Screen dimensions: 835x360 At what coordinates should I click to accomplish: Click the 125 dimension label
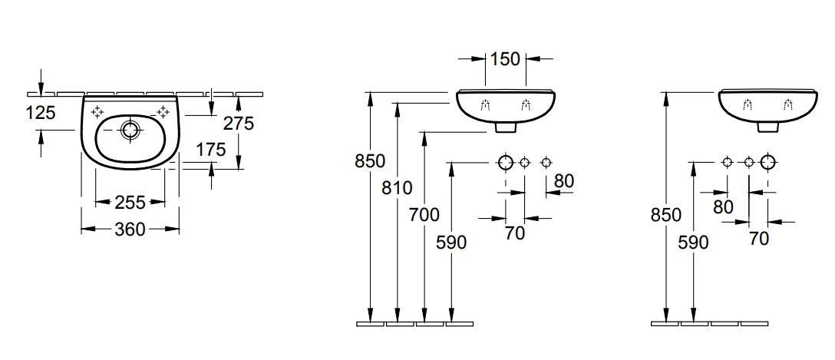pyautogui.click(x=41, y=112)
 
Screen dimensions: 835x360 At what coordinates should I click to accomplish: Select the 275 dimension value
pyautogui.click(x=238, y=123)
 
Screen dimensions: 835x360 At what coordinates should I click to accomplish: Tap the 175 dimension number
pyautogui.click(x=210, y=150)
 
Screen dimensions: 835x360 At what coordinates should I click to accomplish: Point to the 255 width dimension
pyautogui.click(x=130, y=203)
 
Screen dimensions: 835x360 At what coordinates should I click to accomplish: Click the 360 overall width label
pyautogui.click(x=130, y=230)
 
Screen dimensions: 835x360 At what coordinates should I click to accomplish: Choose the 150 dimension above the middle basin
pyautogui.click(x=505, y=58)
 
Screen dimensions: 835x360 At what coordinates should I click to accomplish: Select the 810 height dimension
pyautogui.click(x=397, y=187)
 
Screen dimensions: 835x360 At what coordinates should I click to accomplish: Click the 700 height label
pyautogui.click(x=424, y=215)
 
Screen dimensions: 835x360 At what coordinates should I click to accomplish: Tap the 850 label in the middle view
pyautogui.click(x=370, y=161)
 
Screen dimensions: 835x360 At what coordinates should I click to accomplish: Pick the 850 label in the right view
pyautogui.click(x=665, y=215)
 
